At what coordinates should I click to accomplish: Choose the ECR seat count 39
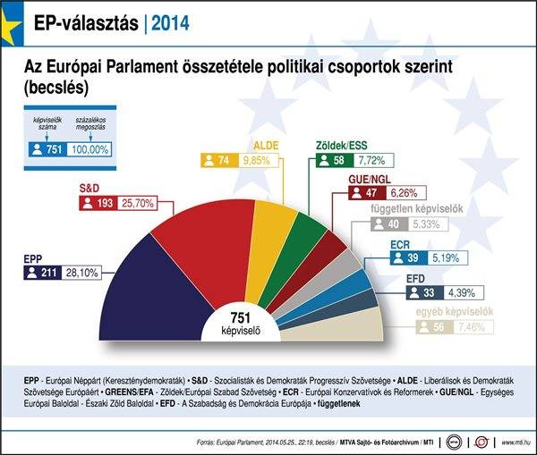click(411, 257)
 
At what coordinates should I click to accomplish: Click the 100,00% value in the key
click(89, 149)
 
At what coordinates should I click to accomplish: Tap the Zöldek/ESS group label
click(343, 146)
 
